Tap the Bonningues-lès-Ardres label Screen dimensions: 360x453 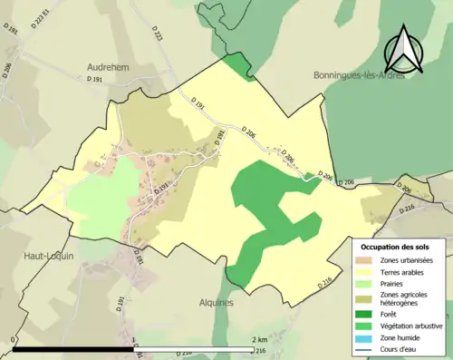point(358,75)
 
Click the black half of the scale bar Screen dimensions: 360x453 point(72,348)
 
